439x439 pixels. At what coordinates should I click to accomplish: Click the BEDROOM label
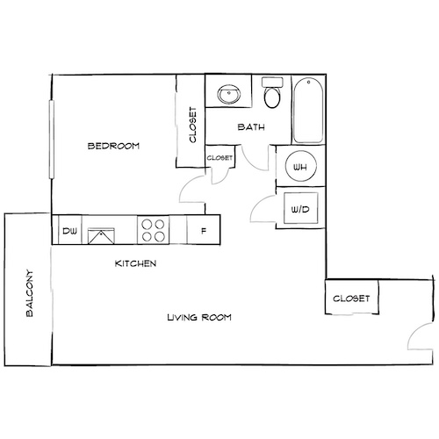(113, 146)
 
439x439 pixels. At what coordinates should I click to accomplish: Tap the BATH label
(252, 127)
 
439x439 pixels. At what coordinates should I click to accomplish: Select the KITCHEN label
(136, 263)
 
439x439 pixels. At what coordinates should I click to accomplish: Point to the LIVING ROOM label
(199, 317)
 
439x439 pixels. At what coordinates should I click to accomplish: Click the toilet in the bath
(271, 94)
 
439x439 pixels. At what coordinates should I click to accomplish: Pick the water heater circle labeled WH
(299, 167)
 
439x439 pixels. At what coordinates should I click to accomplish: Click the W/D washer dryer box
(299, 209)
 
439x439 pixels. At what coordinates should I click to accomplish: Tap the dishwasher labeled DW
(68, 232)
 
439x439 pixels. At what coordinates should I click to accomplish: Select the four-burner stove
(153, 231)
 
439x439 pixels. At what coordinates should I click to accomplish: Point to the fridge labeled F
(203, 232)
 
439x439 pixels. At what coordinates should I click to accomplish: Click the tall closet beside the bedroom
(191, 123)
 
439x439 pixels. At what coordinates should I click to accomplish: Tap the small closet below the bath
(220, 158)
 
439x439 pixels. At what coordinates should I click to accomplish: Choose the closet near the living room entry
(351, 299)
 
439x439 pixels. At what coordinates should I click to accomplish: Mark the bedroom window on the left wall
(51, 140)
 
